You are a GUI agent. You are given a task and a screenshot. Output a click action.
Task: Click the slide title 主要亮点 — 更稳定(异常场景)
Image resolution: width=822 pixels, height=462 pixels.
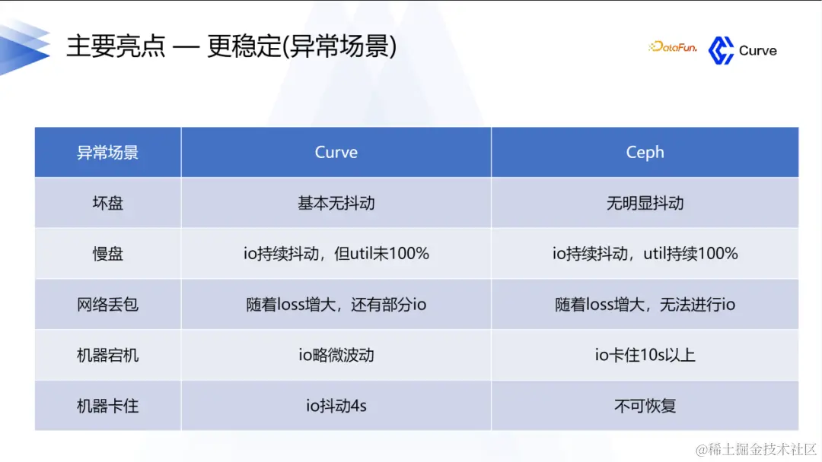(x=231, y=47)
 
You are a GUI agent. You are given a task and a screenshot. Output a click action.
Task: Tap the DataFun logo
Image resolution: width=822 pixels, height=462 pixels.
(x=673, y=47)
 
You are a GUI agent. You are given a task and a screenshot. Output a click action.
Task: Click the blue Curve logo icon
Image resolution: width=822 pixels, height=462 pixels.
(x=720, y=50)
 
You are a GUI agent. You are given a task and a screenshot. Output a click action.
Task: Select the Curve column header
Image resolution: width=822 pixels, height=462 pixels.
(x=336, y=152)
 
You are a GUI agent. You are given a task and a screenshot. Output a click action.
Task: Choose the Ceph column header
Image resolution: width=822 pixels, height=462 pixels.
(x=645, y=152)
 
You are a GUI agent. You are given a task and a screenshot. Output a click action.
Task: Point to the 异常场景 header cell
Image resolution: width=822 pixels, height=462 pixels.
(x=107, y=152)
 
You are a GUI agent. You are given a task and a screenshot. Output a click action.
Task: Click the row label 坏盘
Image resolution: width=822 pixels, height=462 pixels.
(x=107, y=203)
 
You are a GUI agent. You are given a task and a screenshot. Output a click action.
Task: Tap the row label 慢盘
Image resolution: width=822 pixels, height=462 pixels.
(x=107, y=254)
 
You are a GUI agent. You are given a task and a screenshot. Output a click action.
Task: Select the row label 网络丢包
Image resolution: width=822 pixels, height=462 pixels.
(x=107, y=305)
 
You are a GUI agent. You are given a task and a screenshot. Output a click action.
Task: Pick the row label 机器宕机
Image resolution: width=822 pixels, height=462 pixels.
(x=107, y=355)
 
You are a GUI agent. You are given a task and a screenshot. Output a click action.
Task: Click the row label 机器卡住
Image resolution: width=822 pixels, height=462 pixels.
(x=107, y=406)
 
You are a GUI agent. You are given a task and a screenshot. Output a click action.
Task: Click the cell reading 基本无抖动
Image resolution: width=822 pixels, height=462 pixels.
(x=336, y=203)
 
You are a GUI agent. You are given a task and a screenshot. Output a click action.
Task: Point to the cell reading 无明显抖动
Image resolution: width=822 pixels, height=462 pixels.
(x=645, y=203)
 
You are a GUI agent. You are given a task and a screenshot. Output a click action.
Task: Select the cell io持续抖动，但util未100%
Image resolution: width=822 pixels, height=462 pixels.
(x=336, y=254)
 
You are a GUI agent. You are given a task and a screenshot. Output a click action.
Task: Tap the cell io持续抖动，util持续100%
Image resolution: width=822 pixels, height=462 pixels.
(x=645, y=254)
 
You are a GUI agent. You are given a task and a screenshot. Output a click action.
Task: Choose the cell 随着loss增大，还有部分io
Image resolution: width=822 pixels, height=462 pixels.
(x=336, y=305)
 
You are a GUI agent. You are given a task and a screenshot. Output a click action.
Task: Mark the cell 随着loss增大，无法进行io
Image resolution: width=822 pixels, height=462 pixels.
(x=645, y=305)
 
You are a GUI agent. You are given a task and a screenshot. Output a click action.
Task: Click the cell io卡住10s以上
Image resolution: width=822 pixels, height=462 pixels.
(x=645, y=355)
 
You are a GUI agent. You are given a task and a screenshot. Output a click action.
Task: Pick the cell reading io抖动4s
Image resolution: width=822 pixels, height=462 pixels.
(x=336, y=406)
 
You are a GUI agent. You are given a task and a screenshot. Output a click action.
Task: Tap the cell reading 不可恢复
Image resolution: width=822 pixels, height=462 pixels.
(x=645, y=406)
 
